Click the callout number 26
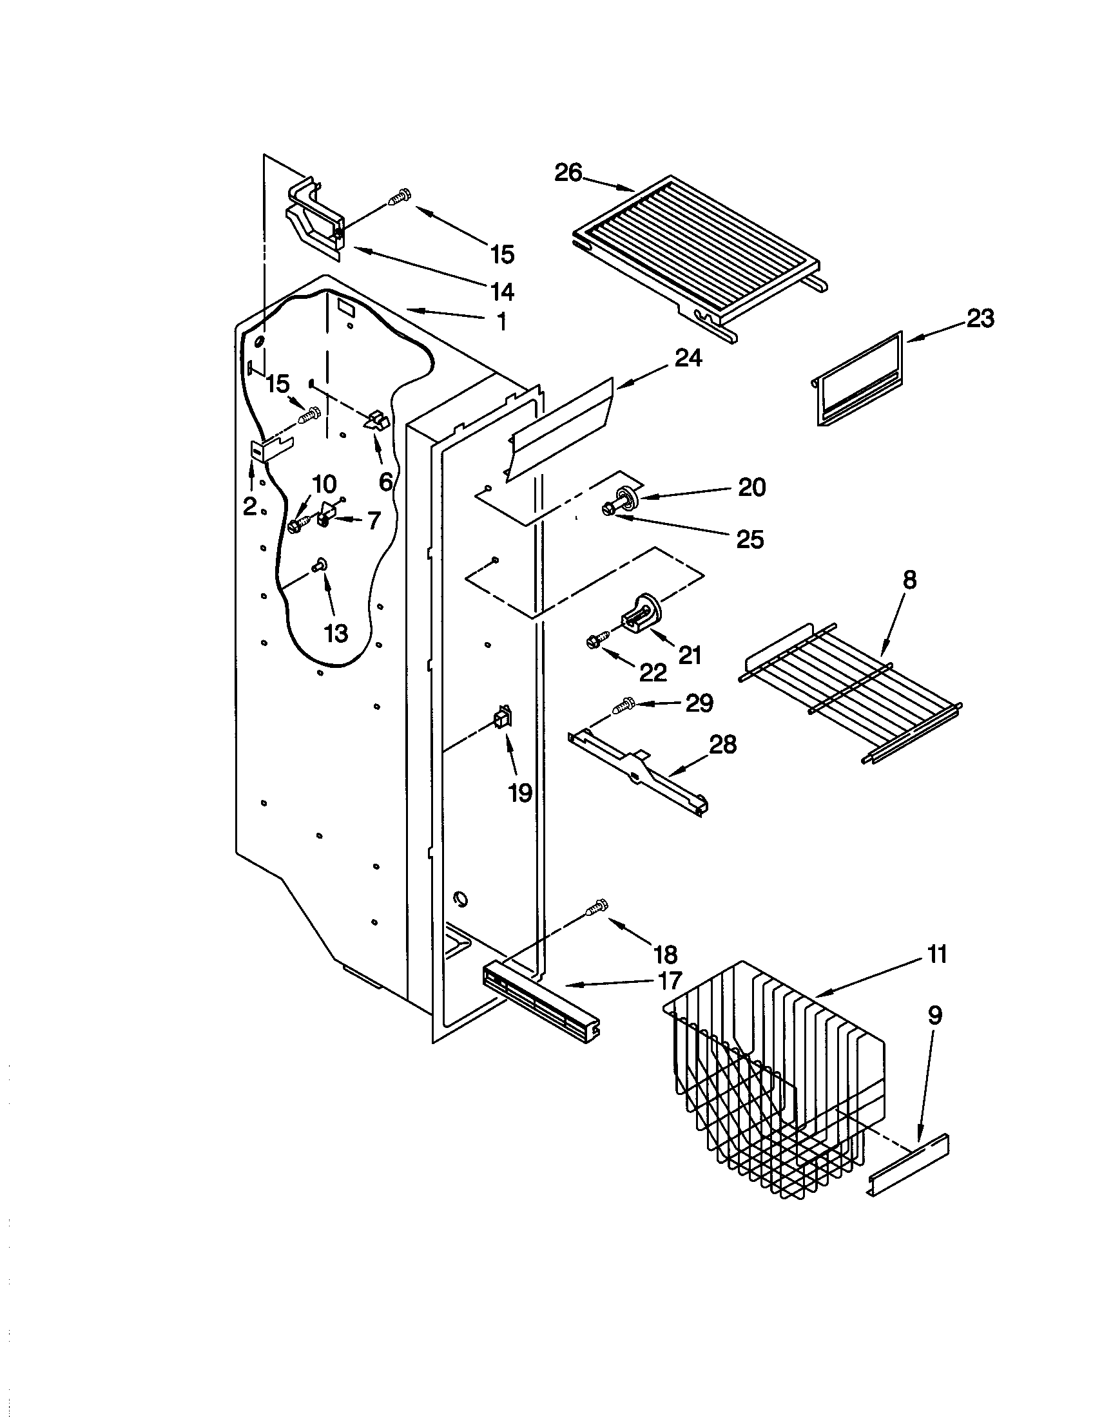[568, 173]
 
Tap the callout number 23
[980, 319]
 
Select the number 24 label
[688, 357]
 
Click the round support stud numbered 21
[641, 612]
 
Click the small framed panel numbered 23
[858, 379]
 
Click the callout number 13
[336, 634]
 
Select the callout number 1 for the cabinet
[502, 322]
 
